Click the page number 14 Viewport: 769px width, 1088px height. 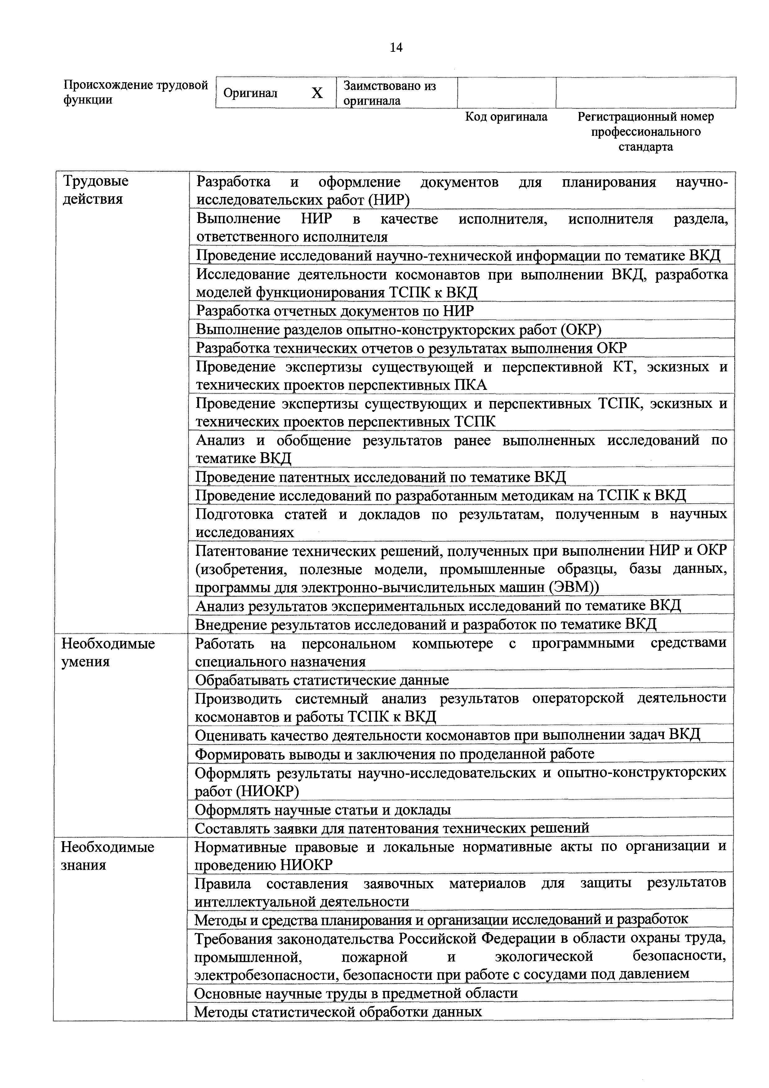pyautogui.click(x=396, y=47)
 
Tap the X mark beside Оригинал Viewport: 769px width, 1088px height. pyautogui.click(x=317, y=93)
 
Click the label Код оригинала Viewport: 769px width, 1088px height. pyautogui.click(x=506, y=117)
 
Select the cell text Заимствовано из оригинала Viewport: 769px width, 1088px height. pyautogui.click(x=389, y=93)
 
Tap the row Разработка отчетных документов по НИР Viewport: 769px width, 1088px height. pyautogui.click(x=335, y=311)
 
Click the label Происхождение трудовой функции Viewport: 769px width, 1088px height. pyautogui.click(x=136, y=92)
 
